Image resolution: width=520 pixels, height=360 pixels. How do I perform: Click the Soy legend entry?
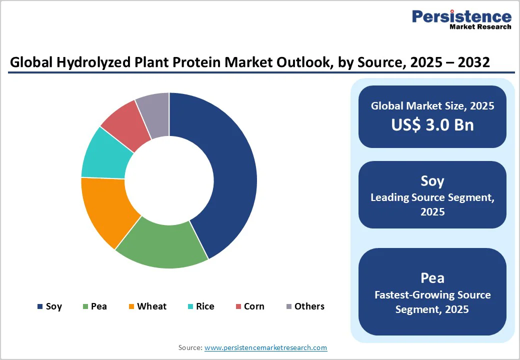point(49,306)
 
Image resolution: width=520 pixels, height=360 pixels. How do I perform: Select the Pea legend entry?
point(94,306)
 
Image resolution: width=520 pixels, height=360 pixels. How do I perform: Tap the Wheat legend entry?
point(147,306)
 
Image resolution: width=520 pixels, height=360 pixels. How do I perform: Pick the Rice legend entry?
point(200,306)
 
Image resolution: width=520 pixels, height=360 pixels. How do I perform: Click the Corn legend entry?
point(250,306)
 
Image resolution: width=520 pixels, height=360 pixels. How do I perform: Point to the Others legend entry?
point(304,306)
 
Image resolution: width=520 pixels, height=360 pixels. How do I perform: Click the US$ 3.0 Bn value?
point(432,125)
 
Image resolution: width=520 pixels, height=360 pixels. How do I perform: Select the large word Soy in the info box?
point(432,180)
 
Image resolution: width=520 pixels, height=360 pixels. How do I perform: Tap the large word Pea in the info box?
point(432,277)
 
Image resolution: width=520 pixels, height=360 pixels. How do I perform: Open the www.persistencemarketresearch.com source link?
point(265,347)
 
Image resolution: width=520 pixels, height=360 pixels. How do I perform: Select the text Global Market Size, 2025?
point(432,106)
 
